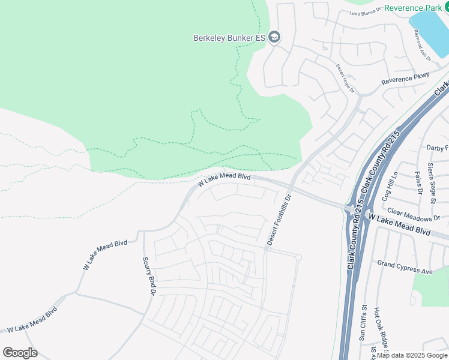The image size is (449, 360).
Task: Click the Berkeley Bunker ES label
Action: click(229, 37)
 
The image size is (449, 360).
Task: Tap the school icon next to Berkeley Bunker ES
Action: click(274, 37)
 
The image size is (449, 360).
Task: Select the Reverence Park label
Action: click(412, 7)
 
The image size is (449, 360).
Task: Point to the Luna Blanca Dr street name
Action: click(365, 11)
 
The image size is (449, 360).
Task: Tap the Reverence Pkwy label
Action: click(406, 79)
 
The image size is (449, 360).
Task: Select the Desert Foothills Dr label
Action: click(279, 219)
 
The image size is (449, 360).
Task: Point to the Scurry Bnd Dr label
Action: click(148, 276)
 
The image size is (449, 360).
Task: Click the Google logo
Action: click(20, 352)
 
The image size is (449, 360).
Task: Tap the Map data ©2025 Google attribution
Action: click(411, 355)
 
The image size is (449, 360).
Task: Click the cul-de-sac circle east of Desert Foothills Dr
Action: click(298, 257)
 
